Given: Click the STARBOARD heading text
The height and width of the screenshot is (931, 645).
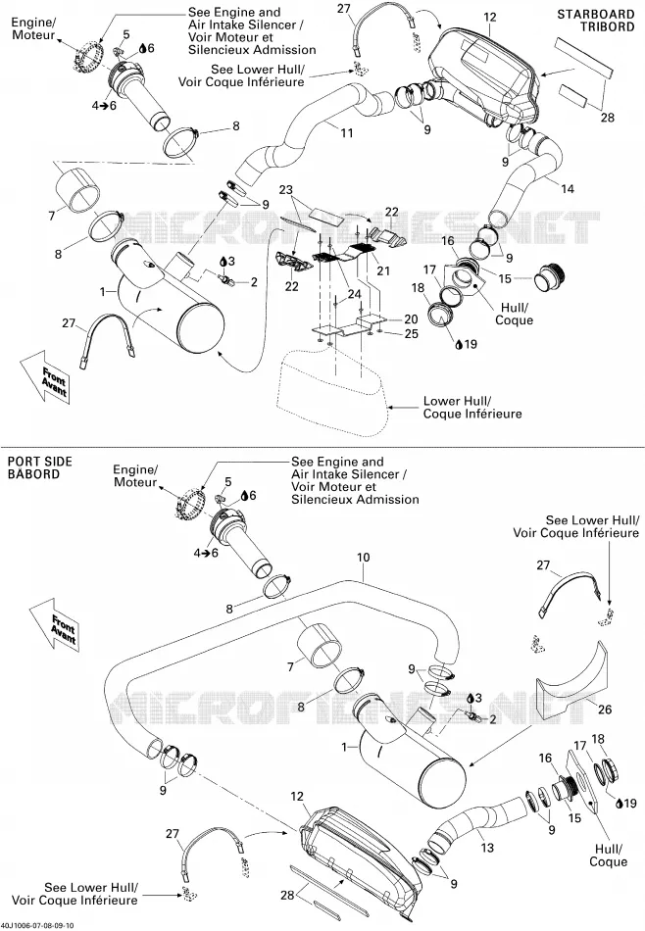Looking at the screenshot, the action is [596, 15].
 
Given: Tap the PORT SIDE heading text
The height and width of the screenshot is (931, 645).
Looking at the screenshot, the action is [39, 462].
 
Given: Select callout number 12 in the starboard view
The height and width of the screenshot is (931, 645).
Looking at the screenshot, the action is [489, 17].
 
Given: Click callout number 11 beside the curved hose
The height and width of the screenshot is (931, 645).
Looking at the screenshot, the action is [347, 132].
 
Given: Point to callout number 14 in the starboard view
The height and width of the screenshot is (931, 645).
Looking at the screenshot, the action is [568, 189].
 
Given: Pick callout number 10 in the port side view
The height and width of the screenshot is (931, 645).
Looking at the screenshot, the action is [364, 557].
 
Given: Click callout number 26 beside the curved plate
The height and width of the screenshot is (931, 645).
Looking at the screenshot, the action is [605, 709].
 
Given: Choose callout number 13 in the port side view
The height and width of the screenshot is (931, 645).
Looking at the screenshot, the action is [487, 848].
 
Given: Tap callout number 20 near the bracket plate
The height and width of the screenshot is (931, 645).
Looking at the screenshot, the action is [411, 318].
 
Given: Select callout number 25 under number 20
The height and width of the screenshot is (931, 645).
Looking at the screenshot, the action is [411, 333].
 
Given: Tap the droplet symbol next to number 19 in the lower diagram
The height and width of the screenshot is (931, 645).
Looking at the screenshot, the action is [620, 804].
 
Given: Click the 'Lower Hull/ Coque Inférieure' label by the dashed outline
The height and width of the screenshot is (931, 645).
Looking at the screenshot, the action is [472, 408].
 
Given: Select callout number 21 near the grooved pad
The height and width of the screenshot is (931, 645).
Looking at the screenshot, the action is [383, 270].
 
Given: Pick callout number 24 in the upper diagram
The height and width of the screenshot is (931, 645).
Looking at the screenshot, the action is [354, 294].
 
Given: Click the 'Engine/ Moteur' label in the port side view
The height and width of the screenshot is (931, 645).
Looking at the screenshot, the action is [135, 475].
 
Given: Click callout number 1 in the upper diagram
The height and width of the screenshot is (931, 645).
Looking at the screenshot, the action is [103, 291].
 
